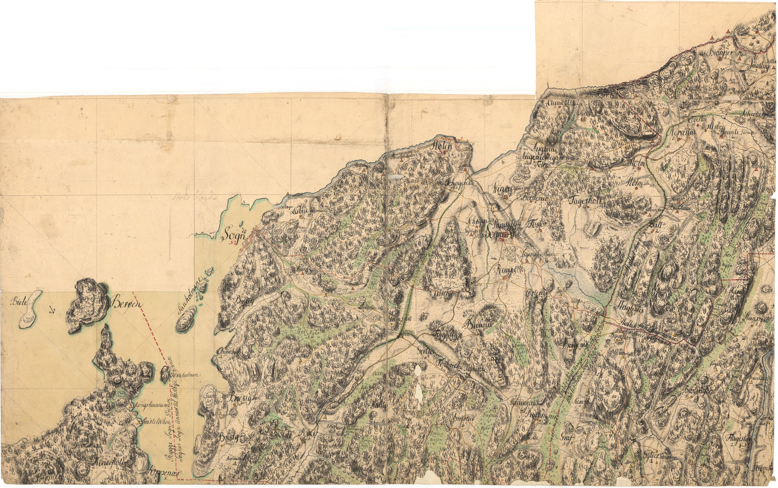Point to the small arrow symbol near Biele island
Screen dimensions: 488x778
[52, 310]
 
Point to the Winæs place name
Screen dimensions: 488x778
[502, 189]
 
